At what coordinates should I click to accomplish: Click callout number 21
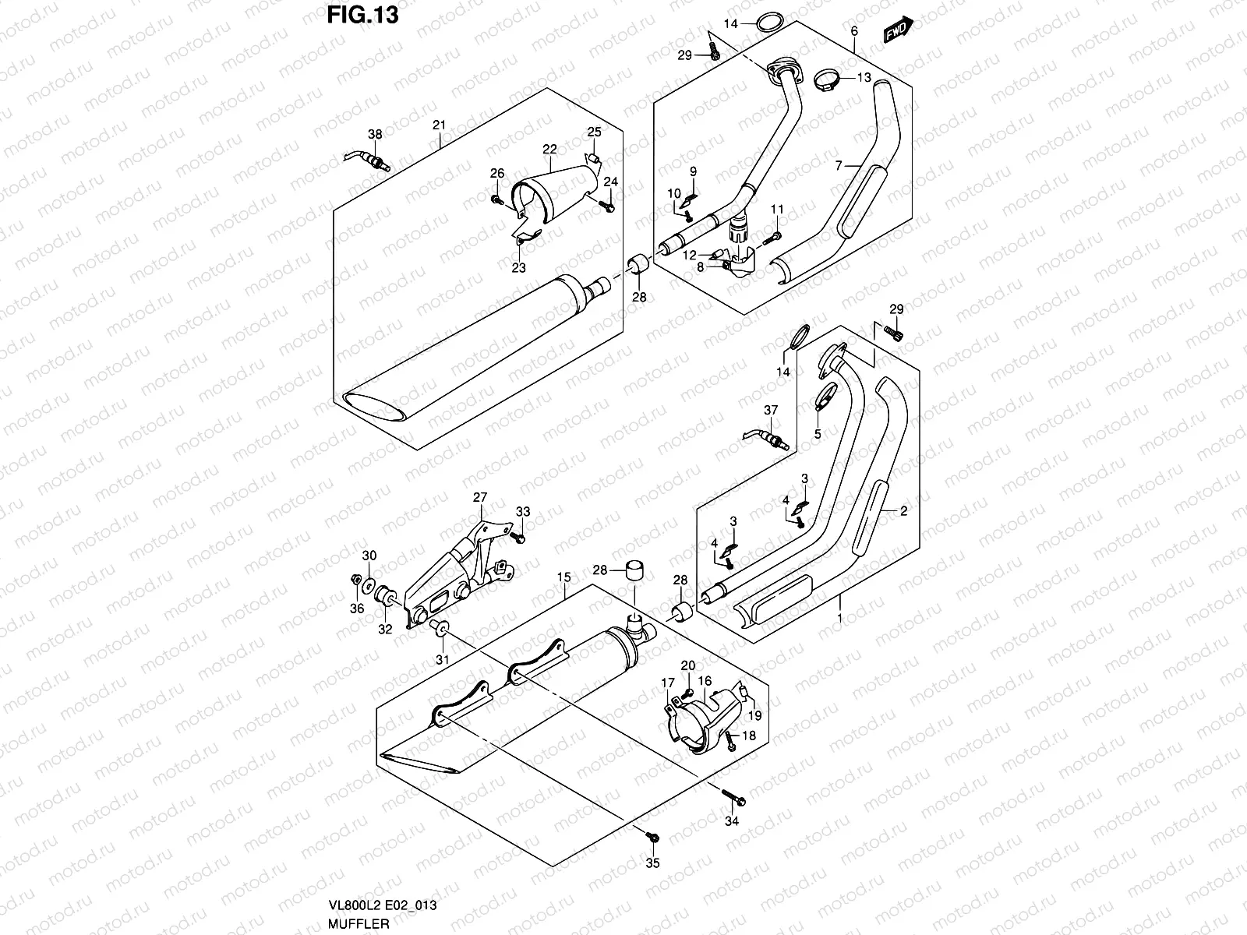coord(439,125)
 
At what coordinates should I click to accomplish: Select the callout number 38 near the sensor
coord(375,135)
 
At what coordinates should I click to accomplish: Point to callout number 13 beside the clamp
coord(864,77)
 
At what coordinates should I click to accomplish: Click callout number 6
coord(854,31)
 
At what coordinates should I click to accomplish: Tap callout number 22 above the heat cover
coord(549,149)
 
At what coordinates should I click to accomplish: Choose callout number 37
coord(771,410)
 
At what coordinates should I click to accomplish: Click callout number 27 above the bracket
coord(479,496)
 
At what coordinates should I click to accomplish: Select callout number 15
coord(563,577)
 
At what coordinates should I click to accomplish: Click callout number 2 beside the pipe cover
coord(903,511)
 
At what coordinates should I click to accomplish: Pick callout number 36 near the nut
coord(356,609)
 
